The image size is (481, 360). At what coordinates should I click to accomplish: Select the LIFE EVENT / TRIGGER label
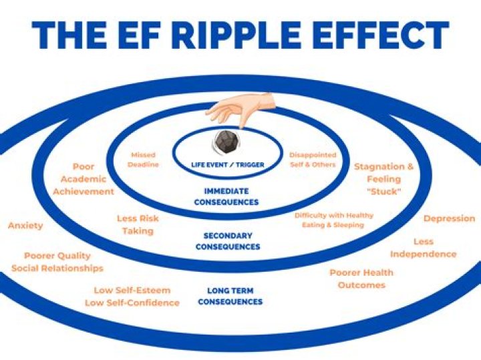(x=228, y=165)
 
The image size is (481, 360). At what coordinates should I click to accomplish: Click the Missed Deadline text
(x=143, y=160)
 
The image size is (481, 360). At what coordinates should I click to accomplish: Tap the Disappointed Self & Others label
(x=313, y=160)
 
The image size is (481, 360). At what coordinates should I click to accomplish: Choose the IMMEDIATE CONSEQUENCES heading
(x=226, y=196)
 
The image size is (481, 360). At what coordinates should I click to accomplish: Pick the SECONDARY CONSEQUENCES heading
(x=228, y=241)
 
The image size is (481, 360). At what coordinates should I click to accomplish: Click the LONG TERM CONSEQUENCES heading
(x=230, y=297)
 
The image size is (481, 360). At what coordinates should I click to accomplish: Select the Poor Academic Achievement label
(x=84, y=179)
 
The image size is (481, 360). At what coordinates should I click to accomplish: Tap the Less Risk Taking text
(x=138, y=225)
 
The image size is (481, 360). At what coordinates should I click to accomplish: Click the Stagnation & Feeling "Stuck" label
(x=384, y=179)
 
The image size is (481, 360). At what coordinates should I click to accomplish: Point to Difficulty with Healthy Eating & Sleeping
(x=334, y=220)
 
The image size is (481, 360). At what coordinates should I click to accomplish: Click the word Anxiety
(x=25, y=226)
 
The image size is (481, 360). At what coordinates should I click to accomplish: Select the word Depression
(x=450, y=218)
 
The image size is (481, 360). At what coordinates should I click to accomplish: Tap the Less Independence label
(x=424, y=248)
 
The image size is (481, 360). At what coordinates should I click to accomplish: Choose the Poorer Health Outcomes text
(x=361, y=279)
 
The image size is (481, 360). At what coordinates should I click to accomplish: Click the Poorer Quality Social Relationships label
(x=57, y=262)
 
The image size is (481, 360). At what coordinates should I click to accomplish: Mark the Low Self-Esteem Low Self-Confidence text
(x=132, y=297)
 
